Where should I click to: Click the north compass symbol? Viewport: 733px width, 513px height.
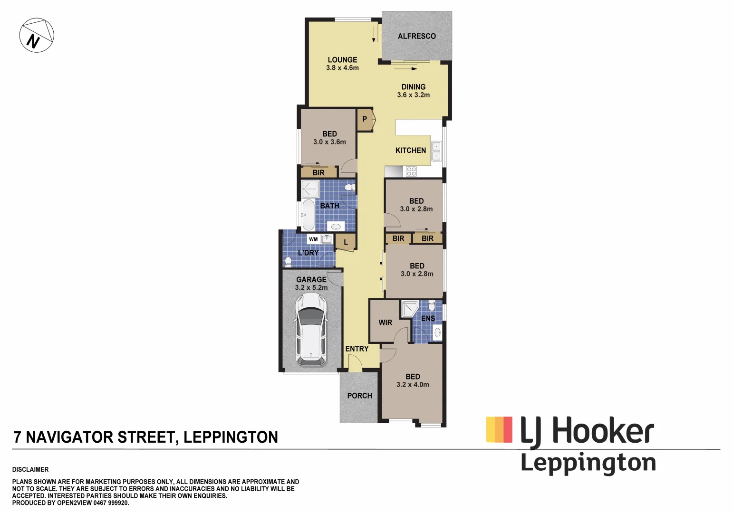37,35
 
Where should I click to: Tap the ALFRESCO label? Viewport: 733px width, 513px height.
416,36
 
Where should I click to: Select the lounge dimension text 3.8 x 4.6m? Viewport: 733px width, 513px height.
342,68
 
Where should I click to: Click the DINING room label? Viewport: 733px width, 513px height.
413,87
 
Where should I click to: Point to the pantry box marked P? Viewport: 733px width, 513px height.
365,119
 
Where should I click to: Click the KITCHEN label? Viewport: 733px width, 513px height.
411,151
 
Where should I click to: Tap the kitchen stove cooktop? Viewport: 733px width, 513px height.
411,171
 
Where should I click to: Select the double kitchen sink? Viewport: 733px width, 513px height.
436,151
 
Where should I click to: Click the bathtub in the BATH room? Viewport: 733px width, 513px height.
308,215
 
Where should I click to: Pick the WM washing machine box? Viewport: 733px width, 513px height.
313,239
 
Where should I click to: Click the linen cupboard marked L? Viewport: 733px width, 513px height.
346,242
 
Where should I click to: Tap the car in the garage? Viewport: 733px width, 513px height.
311,329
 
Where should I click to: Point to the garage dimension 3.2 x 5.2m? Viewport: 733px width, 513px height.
311,287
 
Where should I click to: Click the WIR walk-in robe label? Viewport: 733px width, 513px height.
385,323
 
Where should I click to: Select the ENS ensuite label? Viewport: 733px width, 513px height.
428,318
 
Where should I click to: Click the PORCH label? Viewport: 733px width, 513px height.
359,396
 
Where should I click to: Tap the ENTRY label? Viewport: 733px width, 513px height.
357,349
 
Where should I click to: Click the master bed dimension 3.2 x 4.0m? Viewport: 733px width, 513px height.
413,385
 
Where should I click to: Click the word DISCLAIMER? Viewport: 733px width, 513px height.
30,469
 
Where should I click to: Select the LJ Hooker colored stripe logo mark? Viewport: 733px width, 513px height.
499,429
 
